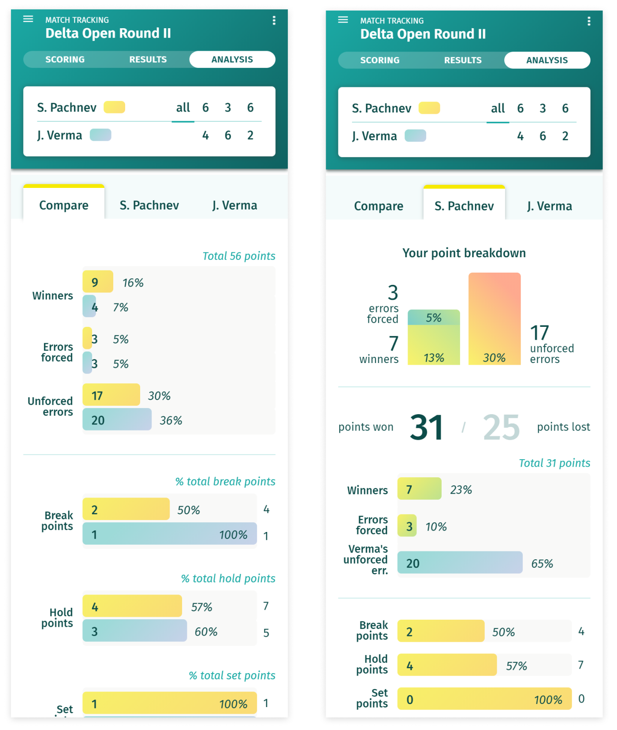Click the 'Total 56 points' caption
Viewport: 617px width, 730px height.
click(x=238, y=256)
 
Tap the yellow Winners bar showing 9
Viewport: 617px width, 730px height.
click(x=98, y=282)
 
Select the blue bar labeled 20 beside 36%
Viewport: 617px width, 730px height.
click(x=117, y=419)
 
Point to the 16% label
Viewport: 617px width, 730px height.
click(x=133, y=283)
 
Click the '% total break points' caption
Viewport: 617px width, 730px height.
click(x=225, y=482)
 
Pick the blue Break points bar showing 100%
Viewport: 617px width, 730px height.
click(x=169, y=534)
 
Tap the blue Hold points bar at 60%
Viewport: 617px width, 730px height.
click(x=134, y=631)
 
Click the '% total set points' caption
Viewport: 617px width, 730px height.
click(x=232, y=676)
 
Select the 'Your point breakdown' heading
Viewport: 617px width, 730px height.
click(x=464, y=253)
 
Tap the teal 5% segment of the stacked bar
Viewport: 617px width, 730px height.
click(x=434, y=318)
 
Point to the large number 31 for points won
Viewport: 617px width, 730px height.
click(x=426, y=427)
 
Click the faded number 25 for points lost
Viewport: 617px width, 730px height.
click(x=501, y=427)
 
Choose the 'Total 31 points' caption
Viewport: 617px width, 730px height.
click(x=554, y=463)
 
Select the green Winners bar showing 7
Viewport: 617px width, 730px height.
click(x=419, y=489)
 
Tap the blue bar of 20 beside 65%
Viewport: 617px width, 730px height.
click(x=460, y=563)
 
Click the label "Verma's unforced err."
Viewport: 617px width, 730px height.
click(x=366, y=560)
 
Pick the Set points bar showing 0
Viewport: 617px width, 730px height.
click(x=484, y=699)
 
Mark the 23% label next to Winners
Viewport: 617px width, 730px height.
click(x=461, y=490)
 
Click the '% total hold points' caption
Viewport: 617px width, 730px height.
click(x=228, y=579)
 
